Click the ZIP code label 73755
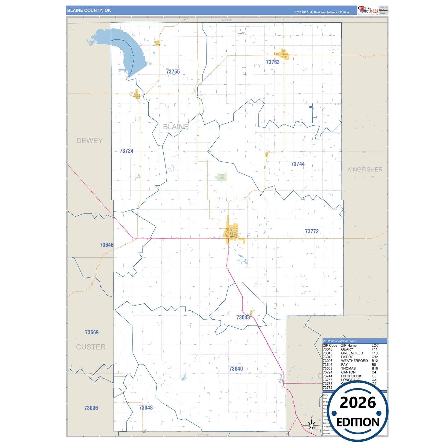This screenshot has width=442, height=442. click(x=173, y=72)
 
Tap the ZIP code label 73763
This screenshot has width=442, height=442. click(x=273, y=62)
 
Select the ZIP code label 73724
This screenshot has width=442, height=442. click(x=126, y=151)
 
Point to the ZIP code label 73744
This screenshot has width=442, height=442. click(x=298, y=164)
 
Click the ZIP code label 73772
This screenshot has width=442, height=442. click(x=312, y=231)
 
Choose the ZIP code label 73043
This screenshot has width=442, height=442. click(x=243, y=318)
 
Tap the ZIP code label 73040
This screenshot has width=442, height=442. click(x=236, y=369)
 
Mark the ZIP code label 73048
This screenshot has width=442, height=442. click(x=146, y=408)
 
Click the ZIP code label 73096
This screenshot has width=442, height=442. click(x=91, y=408)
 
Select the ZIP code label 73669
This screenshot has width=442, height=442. click(x=92, y=332)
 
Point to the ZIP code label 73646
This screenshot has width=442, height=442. click(x=106, y=245)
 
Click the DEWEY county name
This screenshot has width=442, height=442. click(x=89, y=141)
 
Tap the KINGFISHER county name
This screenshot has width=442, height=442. click(x=365, y=169)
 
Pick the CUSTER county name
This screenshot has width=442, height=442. click(x=91, y=347)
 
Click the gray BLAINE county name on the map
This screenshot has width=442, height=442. click(x=176, y=127)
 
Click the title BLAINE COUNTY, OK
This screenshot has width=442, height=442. click(x=89, y=10)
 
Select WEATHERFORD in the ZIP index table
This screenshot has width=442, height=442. click(x=354, y=361)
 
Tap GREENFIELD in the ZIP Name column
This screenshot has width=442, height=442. click(x=352, y=353)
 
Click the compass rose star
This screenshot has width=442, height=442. click(x=312, y=425)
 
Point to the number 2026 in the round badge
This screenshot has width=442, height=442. click(x=358, y=403)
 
